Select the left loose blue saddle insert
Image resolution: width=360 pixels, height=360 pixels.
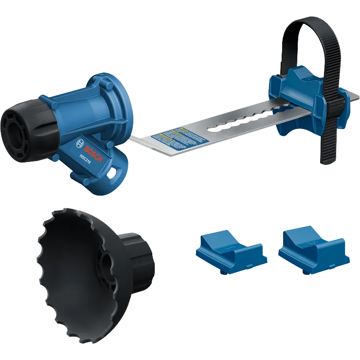click(230, 249)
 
